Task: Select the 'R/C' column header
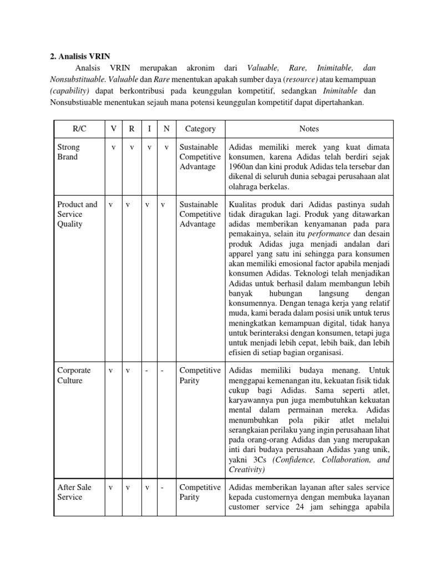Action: pyautogui.click(x=79, y=129)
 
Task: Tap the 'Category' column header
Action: pyautogui.click(x=200, y=129)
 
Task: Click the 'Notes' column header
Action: pyautogui.click(x=309, y=129)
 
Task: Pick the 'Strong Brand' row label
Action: pyautogui.click(x=69, y=152)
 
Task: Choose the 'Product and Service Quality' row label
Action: pyautogui.click(x=77, y=214)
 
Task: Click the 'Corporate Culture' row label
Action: pyautogui.click(x=74, y=376)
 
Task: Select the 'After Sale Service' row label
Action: pyautogui.click(x=74, y=492)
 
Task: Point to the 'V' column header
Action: pyautogui.click(x=113, y=129)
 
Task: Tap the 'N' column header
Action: pyautogui.click(x=166, y=129)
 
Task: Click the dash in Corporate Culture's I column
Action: pyautogui.click(x=147, y=371)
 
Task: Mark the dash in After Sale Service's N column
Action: pyautogui.click(x=162, y=488)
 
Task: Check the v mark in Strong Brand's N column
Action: pyautogui.click(x=166, y=148)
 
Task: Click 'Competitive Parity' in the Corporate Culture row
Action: pyautogui.click(x=200, y=376)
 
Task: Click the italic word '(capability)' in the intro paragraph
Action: pyautogui.click(x=65, y=90)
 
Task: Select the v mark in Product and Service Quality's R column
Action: pyautogui.click(x=128, y=205)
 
